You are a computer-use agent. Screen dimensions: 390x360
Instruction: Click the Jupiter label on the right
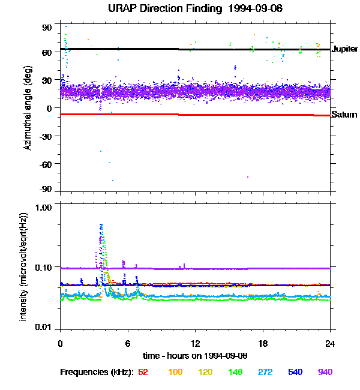[x=345, y=48]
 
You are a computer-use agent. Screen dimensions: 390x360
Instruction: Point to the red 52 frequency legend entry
[x=143, y=372]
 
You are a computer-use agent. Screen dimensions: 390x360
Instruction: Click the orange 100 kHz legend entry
[x=175, y=372]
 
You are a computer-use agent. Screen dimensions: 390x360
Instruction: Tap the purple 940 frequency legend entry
[x=325, y=372]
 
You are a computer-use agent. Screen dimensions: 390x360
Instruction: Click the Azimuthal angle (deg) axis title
[x=28, y=109]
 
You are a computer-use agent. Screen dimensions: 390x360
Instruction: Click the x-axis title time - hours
[x=195, y=355]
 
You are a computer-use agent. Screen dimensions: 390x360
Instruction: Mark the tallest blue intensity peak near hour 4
[x=101, y=225]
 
